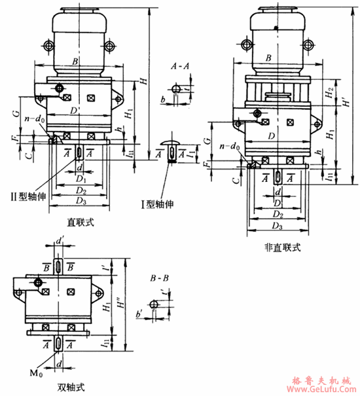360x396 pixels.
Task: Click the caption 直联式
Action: point(81,223)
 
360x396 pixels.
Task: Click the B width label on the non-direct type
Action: point(269,58)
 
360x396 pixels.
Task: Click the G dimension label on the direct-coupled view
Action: point(14,113)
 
